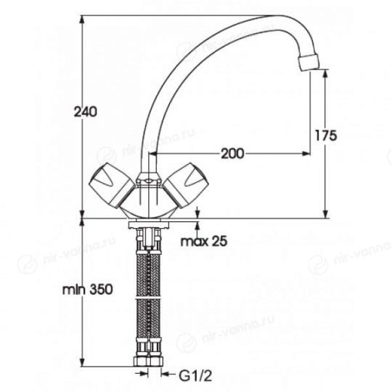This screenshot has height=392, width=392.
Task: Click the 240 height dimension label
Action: point(85,112)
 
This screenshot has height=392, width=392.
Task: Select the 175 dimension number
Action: point(325,136)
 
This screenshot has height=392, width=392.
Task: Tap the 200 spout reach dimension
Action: point(232,153)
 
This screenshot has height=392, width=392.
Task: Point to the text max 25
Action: point(204,241)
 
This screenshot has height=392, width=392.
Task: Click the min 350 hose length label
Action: point(88,290)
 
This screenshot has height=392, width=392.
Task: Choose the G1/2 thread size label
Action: point(195,376)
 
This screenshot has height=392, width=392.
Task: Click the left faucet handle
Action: point(112,185)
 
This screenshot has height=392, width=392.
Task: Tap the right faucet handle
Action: point(186,185)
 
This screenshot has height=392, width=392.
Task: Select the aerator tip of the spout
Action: point(309,62)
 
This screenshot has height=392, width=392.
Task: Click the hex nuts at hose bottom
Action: point(148,362)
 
